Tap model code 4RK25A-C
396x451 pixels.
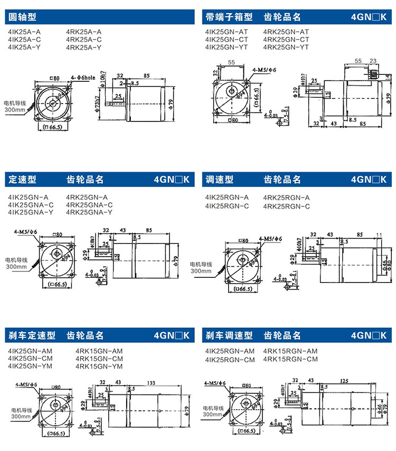[84, 40]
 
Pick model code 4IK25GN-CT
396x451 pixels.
[227, 40]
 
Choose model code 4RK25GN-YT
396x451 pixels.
[286, 48]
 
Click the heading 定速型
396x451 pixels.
[22, 180]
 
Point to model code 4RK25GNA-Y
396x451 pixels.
[89, 212]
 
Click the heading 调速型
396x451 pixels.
[219, 180]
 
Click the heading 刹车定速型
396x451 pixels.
[32, 335]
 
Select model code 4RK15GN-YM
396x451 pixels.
[99, 367]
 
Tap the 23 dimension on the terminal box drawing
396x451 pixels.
[373, 61]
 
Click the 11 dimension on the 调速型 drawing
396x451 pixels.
[379, 234]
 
